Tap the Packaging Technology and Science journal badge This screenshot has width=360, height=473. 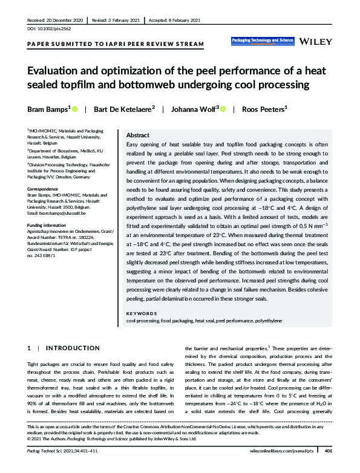(263, 41)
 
